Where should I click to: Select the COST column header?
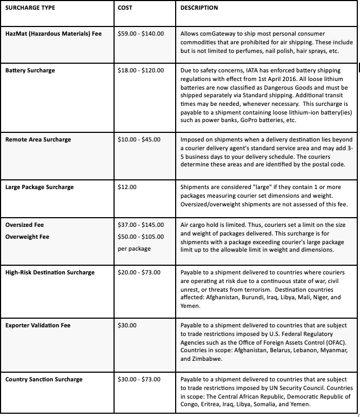[125, 8]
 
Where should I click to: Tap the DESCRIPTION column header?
[199, 8]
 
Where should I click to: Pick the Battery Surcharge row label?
[30, 70]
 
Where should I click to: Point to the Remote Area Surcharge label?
[38, 139]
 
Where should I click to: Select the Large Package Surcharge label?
[39, 187]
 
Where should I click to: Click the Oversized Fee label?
[24, 225]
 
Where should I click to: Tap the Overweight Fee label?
[26, 237]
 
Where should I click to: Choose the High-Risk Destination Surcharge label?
[50, 272]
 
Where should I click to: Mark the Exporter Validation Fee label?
[38, 325]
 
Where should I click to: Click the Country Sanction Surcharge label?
[44, 379]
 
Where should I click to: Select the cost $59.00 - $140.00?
[141, 32]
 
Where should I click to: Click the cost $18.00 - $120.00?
[141, 70]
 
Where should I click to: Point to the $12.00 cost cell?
[127, 187]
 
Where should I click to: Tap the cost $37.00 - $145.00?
[141, 225]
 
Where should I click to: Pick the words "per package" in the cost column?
[134, 248]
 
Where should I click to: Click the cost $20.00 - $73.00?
[139, 272]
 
